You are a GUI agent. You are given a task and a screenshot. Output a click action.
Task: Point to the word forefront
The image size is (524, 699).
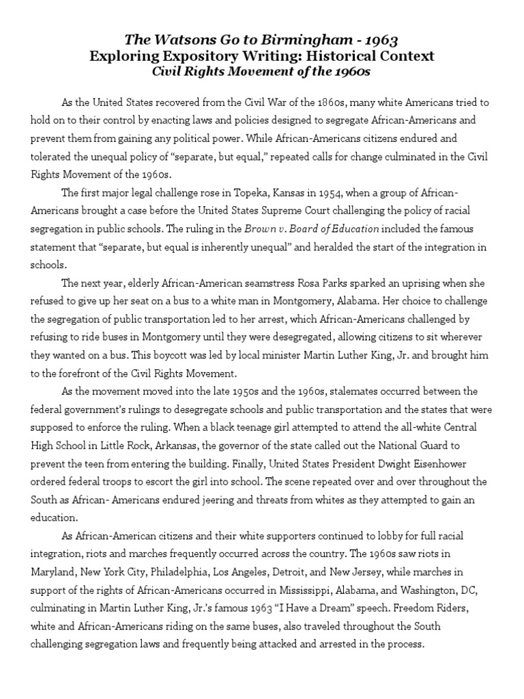pos(84,373)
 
